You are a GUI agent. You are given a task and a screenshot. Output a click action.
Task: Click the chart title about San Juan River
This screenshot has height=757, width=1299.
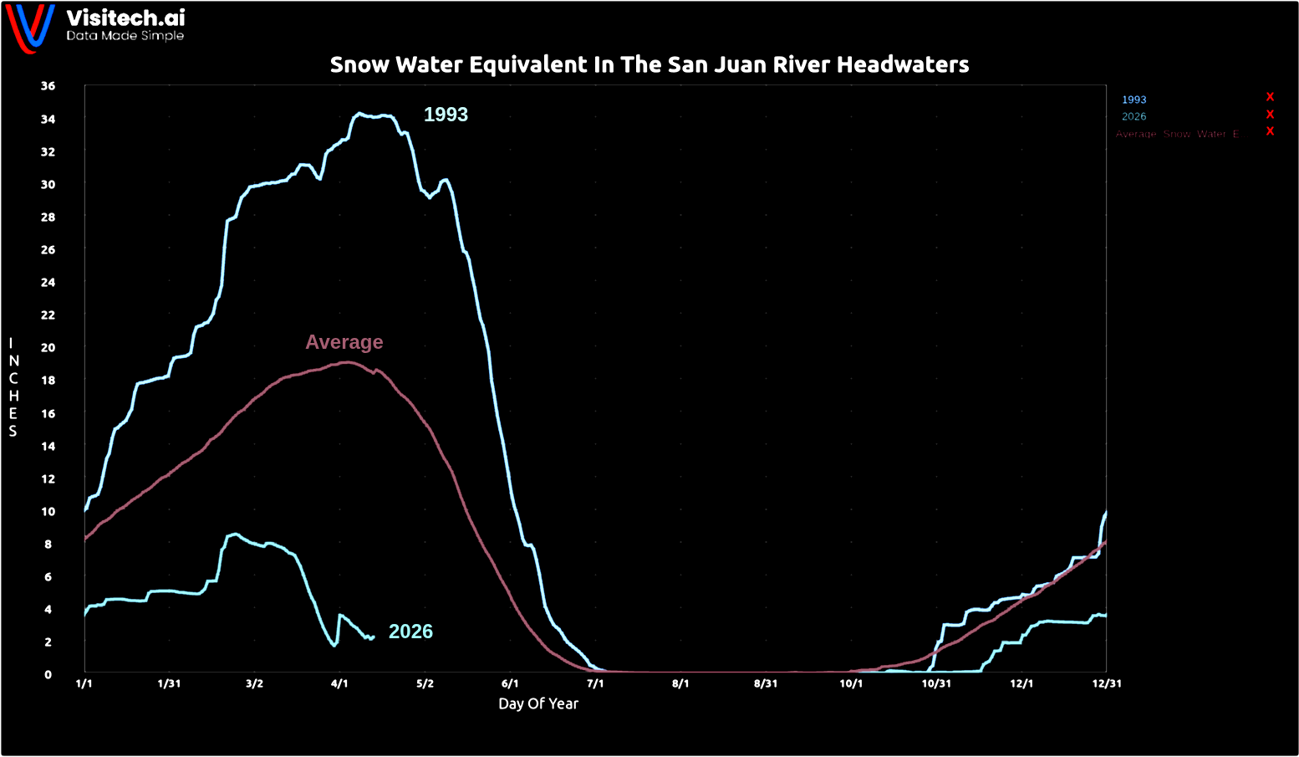pyautogui.click(x=649, y=65)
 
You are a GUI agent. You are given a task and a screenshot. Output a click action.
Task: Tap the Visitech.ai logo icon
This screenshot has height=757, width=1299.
pyautogui.click(x=31, y=28)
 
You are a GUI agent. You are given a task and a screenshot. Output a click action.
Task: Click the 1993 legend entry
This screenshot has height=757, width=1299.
pyautogui.click(x=1134, y=100)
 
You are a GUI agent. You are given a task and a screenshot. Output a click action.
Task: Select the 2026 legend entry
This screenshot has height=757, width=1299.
pyautogui.click(x=1134, y=117)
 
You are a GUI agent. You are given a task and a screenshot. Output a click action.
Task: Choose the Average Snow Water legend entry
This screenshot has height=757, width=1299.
pyautogui.click(x=1177, y=135)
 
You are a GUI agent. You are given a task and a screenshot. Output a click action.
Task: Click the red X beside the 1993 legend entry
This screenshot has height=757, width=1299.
pyautogui.click(x=1270, y=97)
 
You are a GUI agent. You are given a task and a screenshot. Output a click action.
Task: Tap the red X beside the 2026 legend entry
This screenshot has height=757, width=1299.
pyautogui.click(x=1270, y=115)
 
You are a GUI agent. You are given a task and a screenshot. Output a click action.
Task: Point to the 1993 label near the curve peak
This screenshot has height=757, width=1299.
pyautogui.click(x=446, y=115)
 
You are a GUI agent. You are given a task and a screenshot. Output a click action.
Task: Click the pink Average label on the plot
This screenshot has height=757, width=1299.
pyautogui.click(x=344, y=342)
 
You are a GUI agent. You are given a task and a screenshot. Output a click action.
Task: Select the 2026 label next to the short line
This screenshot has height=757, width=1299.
pyautogui.click(x=410, y=632)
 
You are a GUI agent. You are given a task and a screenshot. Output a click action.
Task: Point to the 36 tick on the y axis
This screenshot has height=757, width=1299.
pyautogui.click(x=48, y=86)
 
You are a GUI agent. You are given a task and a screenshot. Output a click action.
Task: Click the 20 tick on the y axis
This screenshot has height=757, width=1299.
pyautogui.click(x=48, y=348)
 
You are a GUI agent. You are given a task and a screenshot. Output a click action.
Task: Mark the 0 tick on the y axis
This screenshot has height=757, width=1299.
pyautogui.click(x=48, y=675)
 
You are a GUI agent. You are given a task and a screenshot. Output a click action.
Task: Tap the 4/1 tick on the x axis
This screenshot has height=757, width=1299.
pyautogui.click(x=339, y=683)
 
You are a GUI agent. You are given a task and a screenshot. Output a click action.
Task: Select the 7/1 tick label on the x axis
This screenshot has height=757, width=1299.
pyautogui.click(x=595, y=683)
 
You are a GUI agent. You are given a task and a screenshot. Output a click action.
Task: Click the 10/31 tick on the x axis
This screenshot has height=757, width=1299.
pyautogui.click(x=936, y=683)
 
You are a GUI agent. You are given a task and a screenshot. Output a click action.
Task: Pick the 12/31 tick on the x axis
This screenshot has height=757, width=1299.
pyautogui.click(x=1107, y=683)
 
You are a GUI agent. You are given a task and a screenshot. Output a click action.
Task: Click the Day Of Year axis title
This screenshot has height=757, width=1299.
pyautogui.click(x=538, y=704)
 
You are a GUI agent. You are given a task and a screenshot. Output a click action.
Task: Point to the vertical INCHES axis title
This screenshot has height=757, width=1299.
pyautogui.click(x=13, y=387)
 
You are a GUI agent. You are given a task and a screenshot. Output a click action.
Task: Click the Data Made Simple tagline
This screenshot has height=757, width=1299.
pyautogui.click(x=125, y=36)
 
